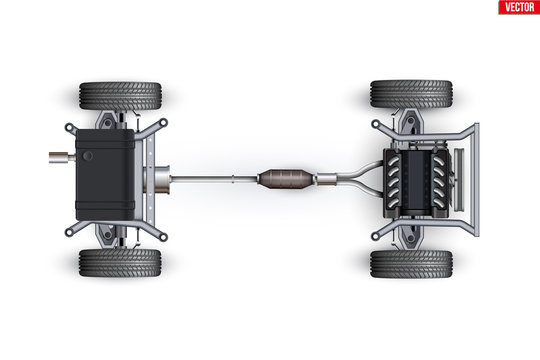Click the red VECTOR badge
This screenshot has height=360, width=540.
[519, 7]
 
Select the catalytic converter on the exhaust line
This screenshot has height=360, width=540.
[286, 179]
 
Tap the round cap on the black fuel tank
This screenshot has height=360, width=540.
[88, 156]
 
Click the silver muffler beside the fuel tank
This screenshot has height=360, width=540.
[160, 179]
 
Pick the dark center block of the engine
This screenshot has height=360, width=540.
[416, 183]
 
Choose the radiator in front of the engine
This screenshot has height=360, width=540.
[459, 179]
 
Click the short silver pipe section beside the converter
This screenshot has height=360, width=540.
[326, 179]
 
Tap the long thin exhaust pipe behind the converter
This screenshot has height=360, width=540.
[214, 178]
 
